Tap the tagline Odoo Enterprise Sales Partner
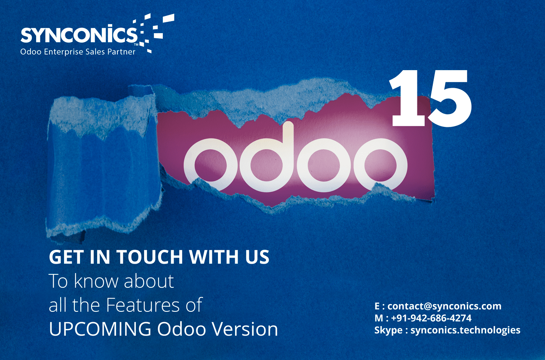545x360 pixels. click(78, 52)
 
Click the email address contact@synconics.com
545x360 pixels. click(444, 306)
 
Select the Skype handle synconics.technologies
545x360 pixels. click(465, 330)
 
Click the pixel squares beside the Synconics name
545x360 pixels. click(155, 32)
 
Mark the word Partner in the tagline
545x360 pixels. click(122, 52)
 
